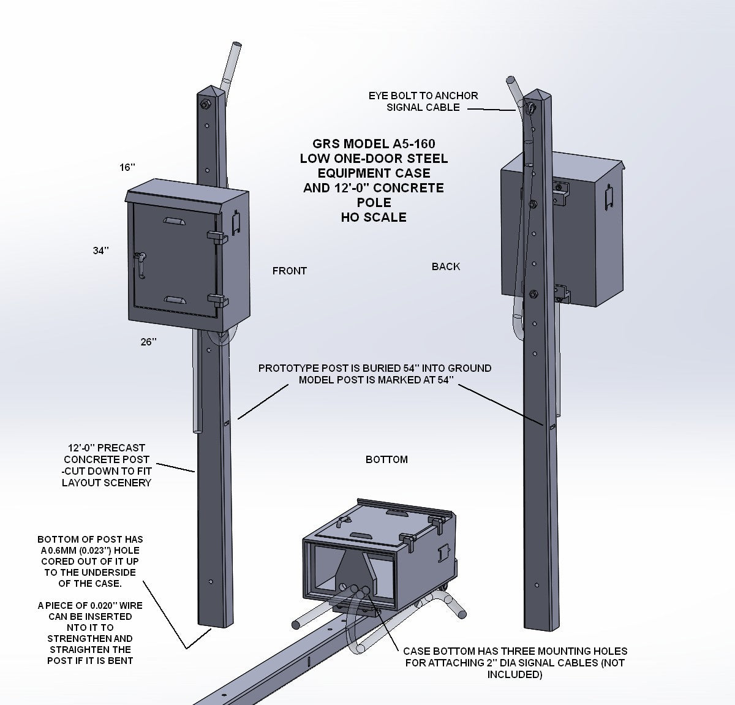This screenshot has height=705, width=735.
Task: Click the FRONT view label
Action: (x=289, y=271)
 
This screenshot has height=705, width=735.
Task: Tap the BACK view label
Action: (x=446, y=266)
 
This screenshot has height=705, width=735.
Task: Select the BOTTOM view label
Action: (x=386, y=459)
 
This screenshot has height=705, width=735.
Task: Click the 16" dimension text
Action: (x=127, y=167)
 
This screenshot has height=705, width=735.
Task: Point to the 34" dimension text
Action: (x=100, y=251)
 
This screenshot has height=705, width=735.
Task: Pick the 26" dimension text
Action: (x=148, y=342)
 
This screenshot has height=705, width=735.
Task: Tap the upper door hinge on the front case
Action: (x=214, y=235)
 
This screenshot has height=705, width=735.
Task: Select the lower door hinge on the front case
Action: (x=214, y=300)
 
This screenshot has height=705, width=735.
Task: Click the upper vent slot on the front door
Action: (x=176, y=221)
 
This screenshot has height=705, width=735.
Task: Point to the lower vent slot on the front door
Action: (x=176, y=300)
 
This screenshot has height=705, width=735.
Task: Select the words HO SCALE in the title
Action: (x=374, y=217)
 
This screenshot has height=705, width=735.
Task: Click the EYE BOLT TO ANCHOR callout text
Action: (x=423, y=96)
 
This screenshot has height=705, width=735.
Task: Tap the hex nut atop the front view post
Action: (x=204, y=105)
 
